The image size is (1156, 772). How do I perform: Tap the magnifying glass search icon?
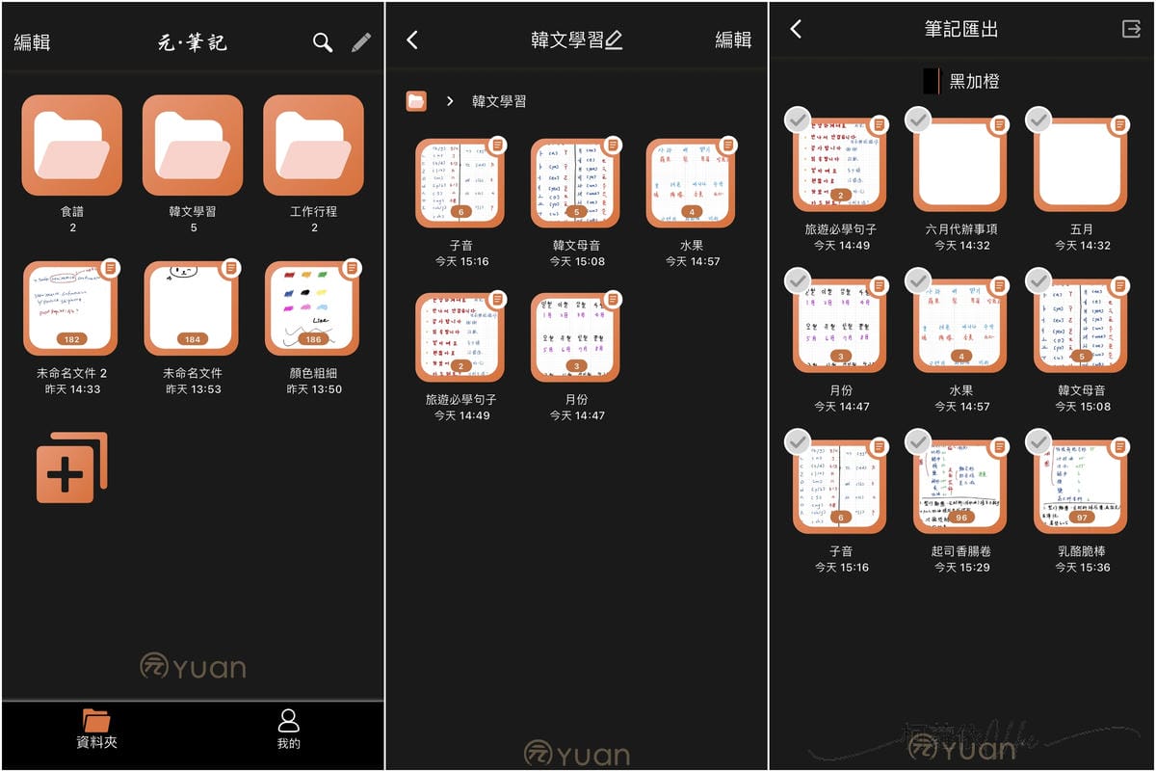[323, 42]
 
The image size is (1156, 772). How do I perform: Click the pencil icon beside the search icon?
[360, 42]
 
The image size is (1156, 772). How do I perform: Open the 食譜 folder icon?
[72, 146]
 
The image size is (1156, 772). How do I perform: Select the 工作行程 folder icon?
[313, 146]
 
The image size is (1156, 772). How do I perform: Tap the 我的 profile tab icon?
[288, 720]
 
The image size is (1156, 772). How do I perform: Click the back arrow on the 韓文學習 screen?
[412, 40]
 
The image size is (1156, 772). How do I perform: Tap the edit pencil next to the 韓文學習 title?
[614, 40]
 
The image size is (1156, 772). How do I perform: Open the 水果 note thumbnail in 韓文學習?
[691, 183]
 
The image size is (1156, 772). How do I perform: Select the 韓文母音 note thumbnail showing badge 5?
[575, 183]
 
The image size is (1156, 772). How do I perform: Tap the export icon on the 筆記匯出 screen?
[1131, 29]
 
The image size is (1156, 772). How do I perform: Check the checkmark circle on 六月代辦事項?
[918, 120]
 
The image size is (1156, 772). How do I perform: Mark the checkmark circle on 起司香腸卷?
[918, 441]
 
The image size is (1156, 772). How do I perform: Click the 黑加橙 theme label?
[973, 82]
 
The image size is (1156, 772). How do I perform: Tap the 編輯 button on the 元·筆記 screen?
[32, 42]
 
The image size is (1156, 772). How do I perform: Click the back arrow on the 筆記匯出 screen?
[796, 29]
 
